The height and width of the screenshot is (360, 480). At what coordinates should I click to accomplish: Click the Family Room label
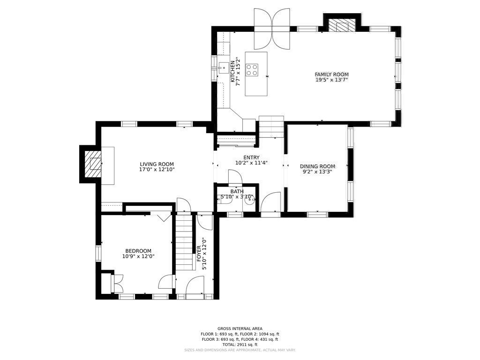click(331, 74)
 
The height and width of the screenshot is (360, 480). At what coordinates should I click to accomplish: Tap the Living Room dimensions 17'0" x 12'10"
click(157, 169)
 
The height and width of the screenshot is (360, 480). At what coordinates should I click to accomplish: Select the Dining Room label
click(317, 166)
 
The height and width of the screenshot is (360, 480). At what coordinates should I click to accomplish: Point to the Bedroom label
click(138, 251)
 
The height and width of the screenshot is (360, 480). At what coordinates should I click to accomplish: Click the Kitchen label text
click(232, 71)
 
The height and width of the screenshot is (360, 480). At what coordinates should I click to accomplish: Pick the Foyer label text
click(199, 254)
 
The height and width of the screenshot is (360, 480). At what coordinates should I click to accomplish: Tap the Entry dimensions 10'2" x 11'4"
click(252, 163)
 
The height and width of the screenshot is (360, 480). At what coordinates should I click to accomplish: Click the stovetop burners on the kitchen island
click(252, 69)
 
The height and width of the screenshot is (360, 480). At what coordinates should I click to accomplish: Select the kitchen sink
click(224, 67)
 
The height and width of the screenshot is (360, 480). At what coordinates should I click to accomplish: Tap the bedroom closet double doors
click(118, 283)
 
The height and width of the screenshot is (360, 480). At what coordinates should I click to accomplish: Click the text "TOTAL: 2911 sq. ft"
click(240, 345)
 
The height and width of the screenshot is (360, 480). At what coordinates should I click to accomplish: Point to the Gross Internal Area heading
click(240, 329)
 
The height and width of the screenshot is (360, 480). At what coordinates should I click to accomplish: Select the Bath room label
click(237, 192)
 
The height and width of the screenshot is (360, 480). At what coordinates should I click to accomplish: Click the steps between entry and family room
click(271, 127)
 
